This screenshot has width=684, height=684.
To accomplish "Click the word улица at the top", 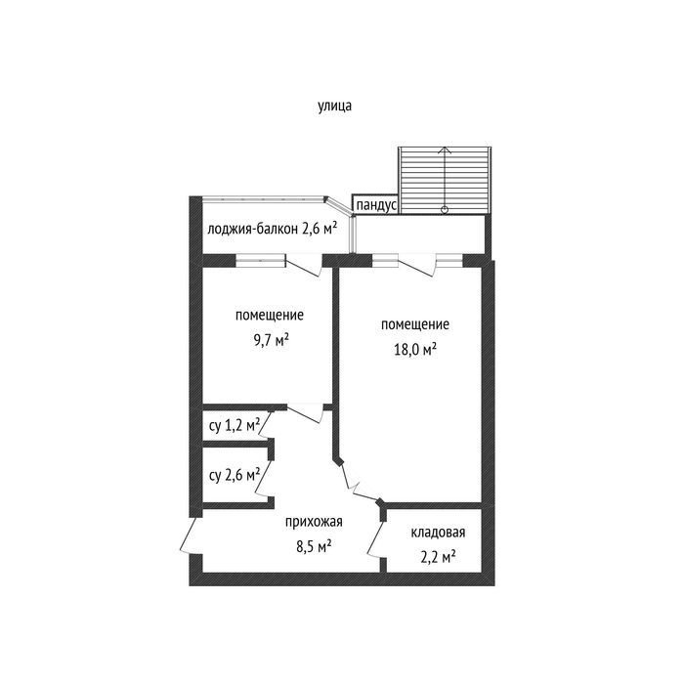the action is tap(334, 106).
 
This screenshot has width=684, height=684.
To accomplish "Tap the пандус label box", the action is tap(375, 204).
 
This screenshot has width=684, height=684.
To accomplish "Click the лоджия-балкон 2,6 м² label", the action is tap(272, 228).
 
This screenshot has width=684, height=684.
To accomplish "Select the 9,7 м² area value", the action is tap(272, 340).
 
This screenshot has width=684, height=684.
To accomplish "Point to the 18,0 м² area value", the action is tap(415, 349).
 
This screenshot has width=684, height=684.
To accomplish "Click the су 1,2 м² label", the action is tap(235, 425).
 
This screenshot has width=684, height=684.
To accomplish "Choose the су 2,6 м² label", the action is tap(235, 475).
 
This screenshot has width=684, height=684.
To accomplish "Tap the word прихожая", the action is tap(314, 522).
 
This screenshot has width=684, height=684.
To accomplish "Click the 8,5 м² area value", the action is tap(314, 546).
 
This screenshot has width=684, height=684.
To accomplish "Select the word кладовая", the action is tap(438, 533).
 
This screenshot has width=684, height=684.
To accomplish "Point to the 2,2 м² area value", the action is tap(438, 557).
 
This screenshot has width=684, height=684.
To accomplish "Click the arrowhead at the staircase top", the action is tap(445, 150).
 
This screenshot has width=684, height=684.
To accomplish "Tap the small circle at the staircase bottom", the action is tap(445, 210).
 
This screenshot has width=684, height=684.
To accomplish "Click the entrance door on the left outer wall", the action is tap(188, 535).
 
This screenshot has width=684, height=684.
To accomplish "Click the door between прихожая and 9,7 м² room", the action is tap(305, 413).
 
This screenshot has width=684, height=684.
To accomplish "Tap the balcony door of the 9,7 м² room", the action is tap(304, 265).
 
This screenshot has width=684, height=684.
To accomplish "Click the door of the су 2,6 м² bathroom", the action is tap(265, 479).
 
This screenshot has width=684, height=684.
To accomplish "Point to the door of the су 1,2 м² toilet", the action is tap(266, 424).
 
